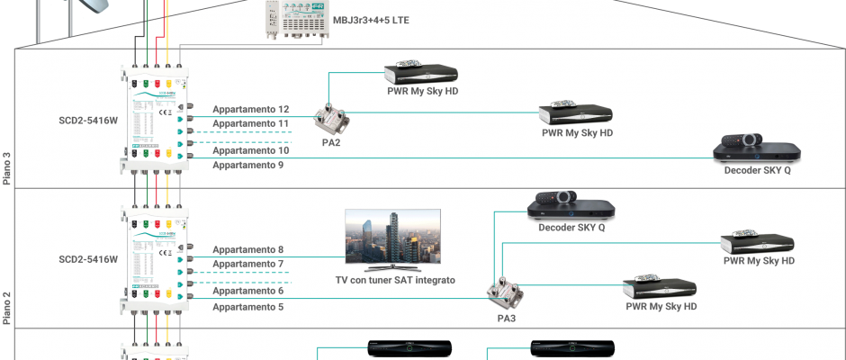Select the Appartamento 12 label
tap(250, 109)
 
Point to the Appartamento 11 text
tap(250, 123)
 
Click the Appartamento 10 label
tap(250, 150)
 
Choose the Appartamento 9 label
tap(247, 166)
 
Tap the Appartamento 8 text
tap(247, 249)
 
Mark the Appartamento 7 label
tap(247, 264)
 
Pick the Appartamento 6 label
tap(247, 291)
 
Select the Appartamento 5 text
tap(247, 307)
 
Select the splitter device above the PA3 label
tap(500, 292)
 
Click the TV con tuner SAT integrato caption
tap(395, 280)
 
